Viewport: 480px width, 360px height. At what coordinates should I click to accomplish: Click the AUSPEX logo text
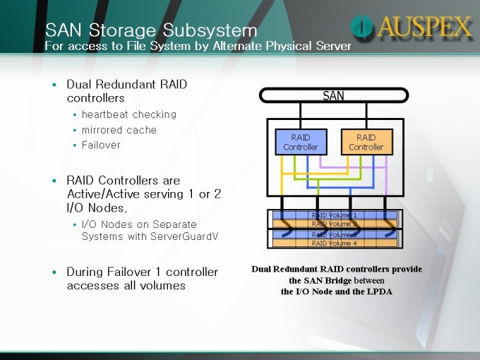tap(424, 27)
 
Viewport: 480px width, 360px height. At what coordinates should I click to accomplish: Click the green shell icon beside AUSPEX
tap(362, 27)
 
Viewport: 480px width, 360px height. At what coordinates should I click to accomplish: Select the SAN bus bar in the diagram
tap(334, 95)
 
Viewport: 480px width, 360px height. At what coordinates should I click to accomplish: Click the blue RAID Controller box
tap(301, 142)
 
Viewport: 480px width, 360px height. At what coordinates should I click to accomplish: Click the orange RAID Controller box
tap(367, 142)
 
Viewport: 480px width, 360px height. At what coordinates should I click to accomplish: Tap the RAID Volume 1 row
tap(335, 215)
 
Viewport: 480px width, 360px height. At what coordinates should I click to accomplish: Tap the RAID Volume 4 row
tap(335, 244)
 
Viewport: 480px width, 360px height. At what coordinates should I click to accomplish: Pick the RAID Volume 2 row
tap(335, 224)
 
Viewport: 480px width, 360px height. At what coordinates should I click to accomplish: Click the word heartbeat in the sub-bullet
tap(105, 114)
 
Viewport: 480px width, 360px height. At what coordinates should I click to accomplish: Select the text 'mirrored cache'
tap(119, 130)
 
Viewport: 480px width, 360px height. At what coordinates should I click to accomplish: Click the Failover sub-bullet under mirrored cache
tap(101, 145)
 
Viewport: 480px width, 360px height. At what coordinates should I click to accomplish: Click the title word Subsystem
tap(210, 30)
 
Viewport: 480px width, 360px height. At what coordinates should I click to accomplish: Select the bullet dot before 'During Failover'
tap(54, 272)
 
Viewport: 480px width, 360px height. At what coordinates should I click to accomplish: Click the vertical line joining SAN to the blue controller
tap(300, 116)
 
